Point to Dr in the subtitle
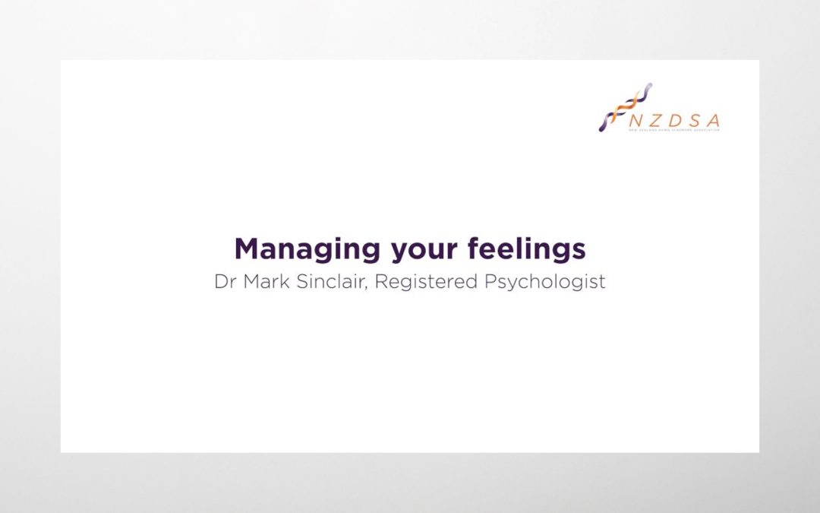pos(225,281)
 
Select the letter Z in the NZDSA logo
pos(654,120)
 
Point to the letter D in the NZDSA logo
pos(674,120)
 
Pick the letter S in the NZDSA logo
pos(693,120)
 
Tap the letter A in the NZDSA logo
pos(713,120)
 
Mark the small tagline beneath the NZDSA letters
pos(674,130)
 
